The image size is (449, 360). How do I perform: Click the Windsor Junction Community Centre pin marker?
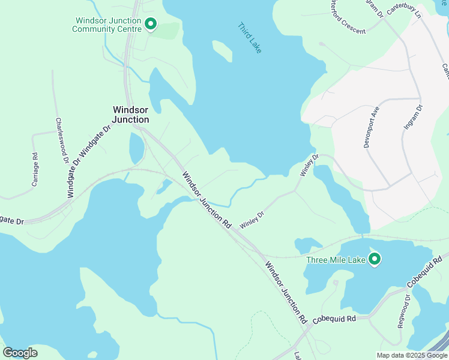click(150, 24)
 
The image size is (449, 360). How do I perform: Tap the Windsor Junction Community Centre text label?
click(108, 24)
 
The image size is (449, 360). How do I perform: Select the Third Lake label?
click(250, 38)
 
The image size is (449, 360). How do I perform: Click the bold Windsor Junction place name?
click(131, 115)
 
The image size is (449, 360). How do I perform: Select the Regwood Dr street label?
click(403, 311)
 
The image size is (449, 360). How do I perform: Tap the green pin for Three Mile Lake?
click(375, 259)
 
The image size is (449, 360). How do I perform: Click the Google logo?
click(20, 352)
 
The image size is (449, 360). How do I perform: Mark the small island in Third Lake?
click(221, 50)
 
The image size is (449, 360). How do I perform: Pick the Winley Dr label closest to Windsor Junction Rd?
click(252, 220)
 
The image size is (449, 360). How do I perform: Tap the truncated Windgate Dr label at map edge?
click(12, 221)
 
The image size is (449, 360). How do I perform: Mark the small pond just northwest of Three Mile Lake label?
click(307, 244)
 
